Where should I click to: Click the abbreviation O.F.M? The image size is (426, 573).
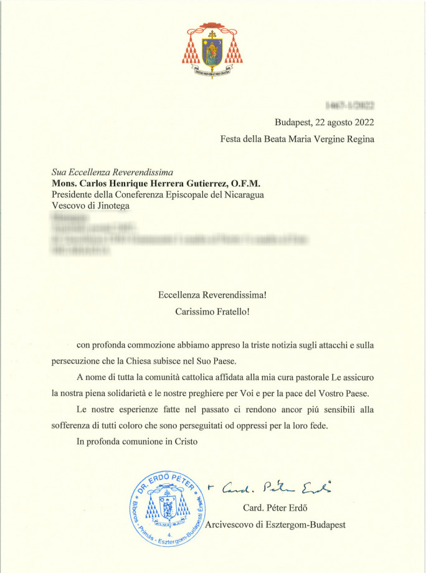pyautogui.click(x=247, y=184)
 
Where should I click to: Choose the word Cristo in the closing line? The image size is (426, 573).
pyautogui.click(x=184, y=442)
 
